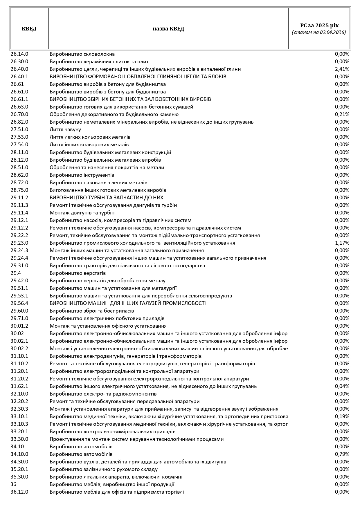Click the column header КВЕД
(x=29, y=29)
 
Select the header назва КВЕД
(x=168, y=29)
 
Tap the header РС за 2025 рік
(x=319, y=25)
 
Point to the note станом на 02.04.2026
(x=319, y=33)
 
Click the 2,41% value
(x=342, y=69)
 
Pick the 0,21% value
(x=342, y=114)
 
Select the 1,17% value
(x=342, y=243)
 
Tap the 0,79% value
(x=342, y=454)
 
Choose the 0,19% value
(x=342, y=416)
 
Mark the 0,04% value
(x=342, y=386)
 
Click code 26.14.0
(x=19, y=54)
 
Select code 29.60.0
(x=19, y=311)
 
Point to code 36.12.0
(x=19, y=492)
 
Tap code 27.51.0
(x=19, y=129)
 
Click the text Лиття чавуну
(x=65, y=129)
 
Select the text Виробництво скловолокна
(x=82, y=54)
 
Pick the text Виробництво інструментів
(x=82, y=175)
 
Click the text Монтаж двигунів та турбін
(x=82, y=213)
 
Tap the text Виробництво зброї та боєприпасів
(x=92, y=311)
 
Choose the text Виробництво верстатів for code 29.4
(x=78, y=273)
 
